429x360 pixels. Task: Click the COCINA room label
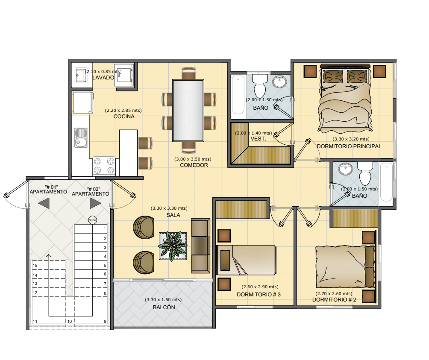[124, 117]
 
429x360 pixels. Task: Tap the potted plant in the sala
[173, 246]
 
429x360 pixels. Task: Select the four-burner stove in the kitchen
[104, 166]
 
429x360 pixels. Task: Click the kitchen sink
[81, 138]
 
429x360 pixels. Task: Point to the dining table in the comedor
[188, 111]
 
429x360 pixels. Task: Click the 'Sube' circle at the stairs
[92, 220]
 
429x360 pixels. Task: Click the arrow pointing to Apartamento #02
[95, 203]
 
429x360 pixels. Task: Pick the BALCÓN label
[164, 307]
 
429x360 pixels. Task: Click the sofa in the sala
[200, 246]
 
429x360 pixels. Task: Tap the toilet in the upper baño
[260, 85]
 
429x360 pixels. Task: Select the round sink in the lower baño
[346, 169]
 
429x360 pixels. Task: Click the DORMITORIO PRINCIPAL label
[349, 146]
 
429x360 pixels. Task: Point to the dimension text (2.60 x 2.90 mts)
[260, 287]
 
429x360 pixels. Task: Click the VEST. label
[258, 139]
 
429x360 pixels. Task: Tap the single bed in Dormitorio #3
[246, 260]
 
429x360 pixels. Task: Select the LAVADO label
[103, 78]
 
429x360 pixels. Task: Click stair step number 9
[105, 322]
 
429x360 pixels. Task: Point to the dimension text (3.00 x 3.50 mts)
[193, 159]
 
